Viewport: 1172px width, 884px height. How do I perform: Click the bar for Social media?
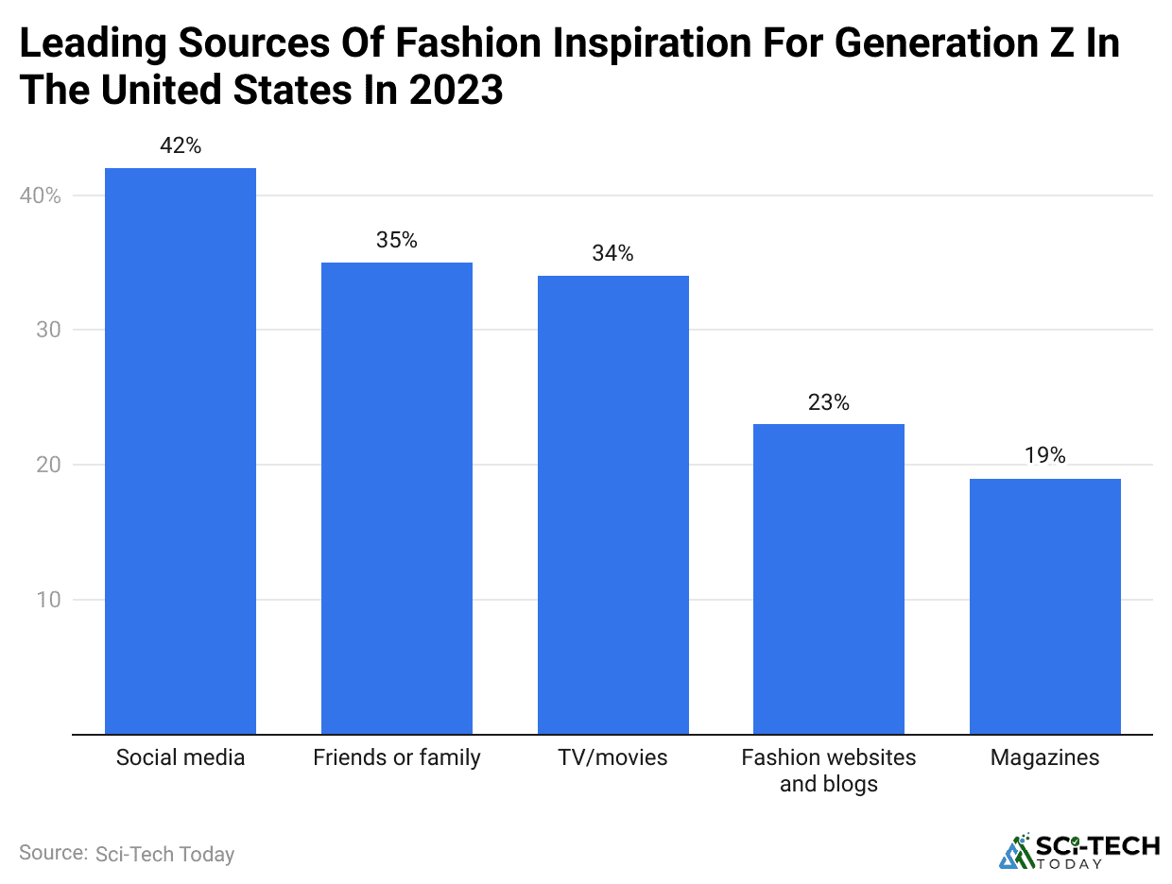(x=180, y=450)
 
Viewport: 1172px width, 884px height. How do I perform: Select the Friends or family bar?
(x=396, y=498)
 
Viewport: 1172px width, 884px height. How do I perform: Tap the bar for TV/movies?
(x=612, y=504)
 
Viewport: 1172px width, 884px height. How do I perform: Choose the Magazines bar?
(x=1045, y=605)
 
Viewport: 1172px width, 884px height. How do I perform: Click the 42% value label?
(x=181, y=146)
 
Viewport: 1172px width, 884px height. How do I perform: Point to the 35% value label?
(x=396, y=240)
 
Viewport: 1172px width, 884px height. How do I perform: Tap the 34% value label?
(x=612, y=253)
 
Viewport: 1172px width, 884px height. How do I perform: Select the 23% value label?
(x=829, y=402)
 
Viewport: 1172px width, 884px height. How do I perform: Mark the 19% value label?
(x=1045, y=456)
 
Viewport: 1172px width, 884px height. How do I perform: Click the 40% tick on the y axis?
(x=41, y=196)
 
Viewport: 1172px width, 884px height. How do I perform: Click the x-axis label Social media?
(x=180, y=757)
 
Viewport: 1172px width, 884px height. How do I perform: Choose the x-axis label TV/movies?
(x=612, y=757)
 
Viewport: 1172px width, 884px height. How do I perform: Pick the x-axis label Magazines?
(x=1045, y=757)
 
